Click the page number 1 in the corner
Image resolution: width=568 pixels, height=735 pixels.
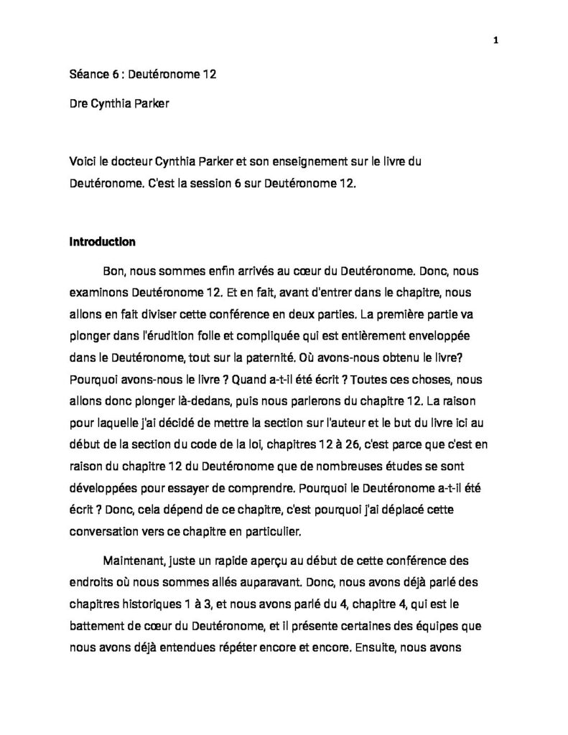click(x=495, y=39)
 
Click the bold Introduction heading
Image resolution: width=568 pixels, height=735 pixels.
click(x=102, y=242)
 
